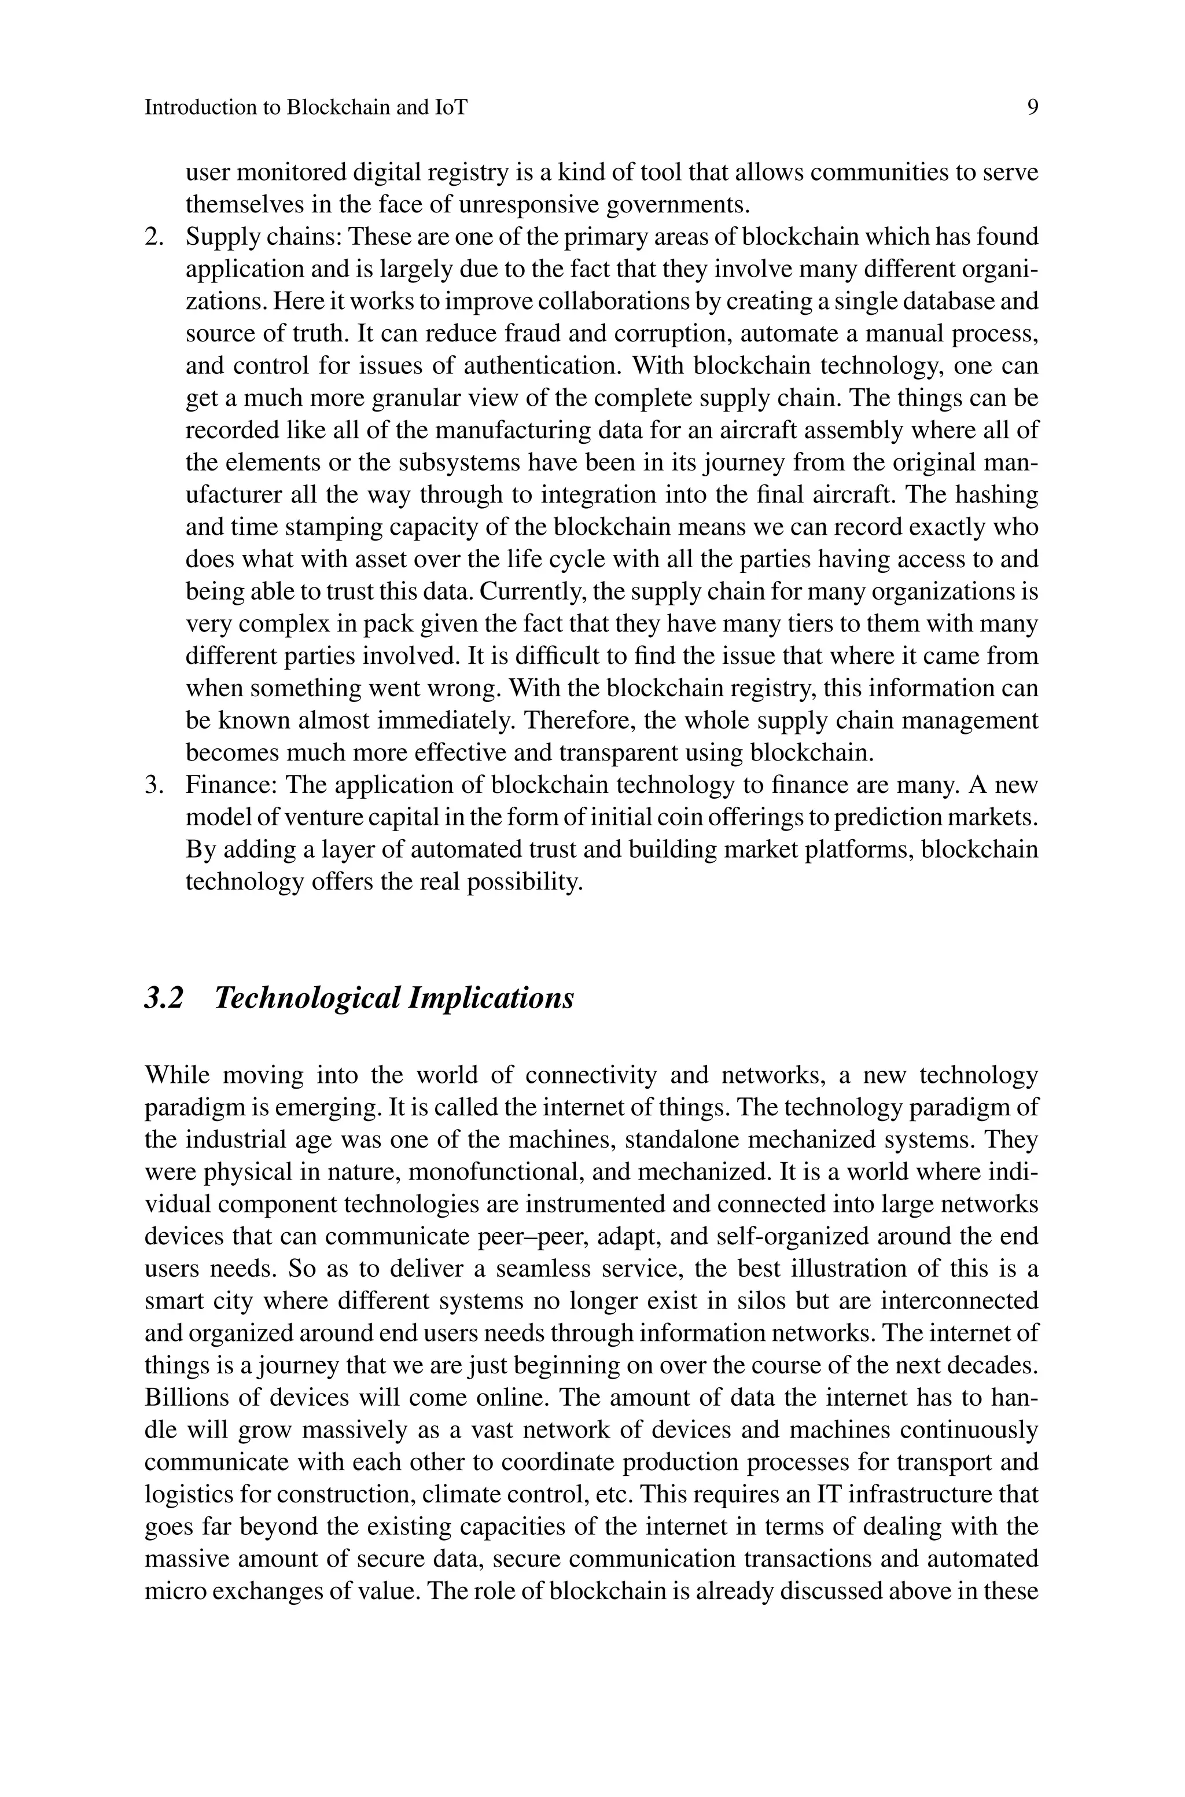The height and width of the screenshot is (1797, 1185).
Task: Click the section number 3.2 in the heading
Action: pyautogui.click(x=164, y=998)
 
